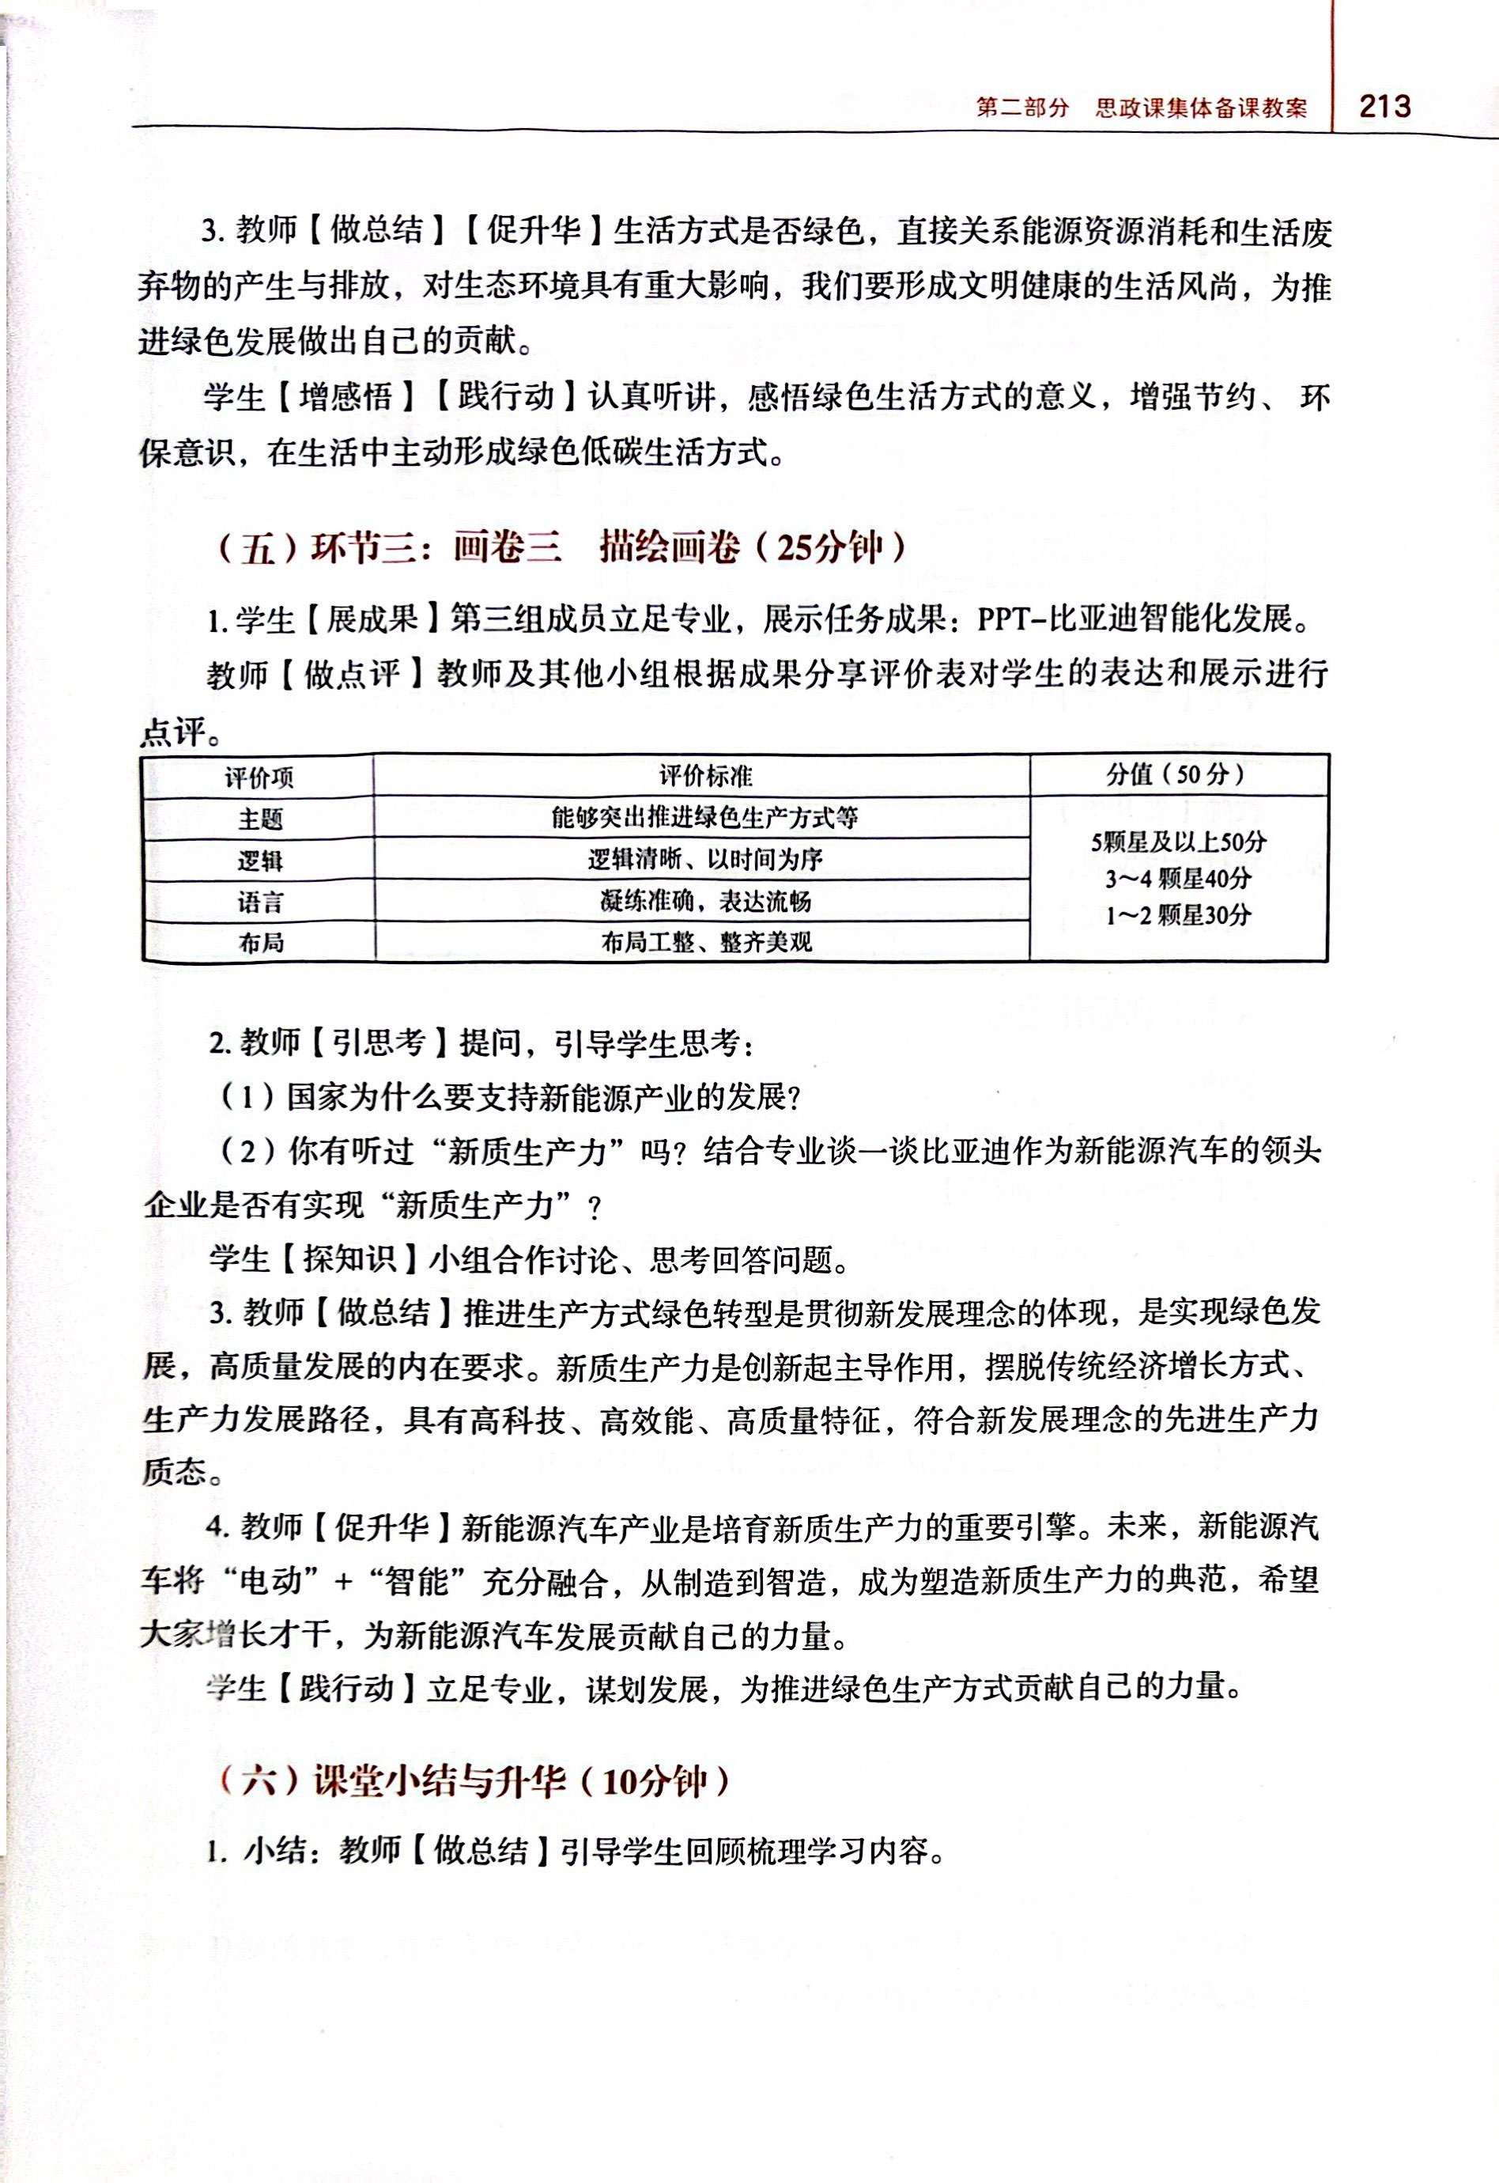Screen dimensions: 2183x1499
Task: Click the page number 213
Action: click(1384, 105)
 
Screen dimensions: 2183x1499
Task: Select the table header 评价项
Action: click(259, 777)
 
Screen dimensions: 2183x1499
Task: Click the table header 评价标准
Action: click(704, 776)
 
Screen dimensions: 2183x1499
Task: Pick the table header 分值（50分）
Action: click(1178, 774)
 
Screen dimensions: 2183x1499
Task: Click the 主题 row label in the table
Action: click(259, 819)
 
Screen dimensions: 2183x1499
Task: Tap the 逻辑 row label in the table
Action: click(259, 861)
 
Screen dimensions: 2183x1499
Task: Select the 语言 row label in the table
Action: click(259, 902)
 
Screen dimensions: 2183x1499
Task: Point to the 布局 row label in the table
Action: click(259, 942)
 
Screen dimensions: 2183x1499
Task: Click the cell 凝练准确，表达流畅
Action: click(704, 902)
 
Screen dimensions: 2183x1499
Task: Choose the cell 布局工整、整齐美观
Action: click(705, 942)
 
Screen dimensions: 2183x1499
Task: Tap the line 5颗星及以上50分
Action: click(1178, 842)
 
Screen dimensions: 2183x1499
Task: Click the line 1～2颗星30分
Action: click(1178, 915)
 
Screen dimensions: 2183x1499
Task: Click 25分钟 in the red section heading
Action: click(830, 547)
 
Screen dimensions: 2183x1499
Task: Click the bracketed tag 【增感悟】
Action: click(345, 399)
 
